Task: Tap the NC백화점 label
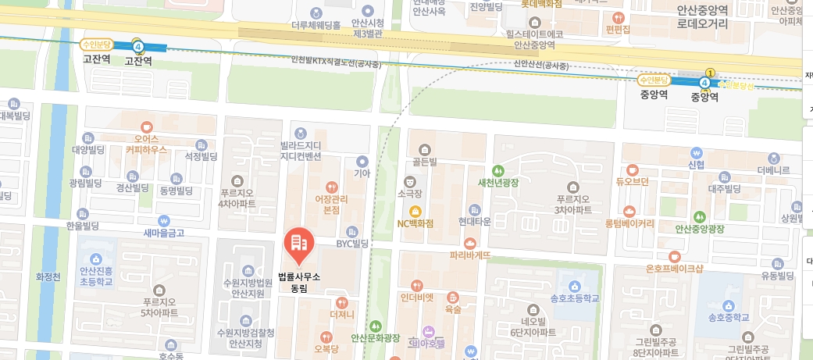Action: (x=415, y=223)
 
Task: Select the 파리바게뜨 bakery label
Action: (x=470, y=255)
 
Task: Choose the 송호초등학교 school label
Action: (x=574, y=298)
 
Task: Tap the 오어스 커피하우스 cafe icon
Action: (x=146, y=127)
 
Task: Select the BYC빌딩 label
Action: (x=351, y=243)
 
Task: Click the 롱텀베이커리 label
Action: (x=629, y=223)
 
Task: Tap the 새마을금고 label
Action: (x=162, y=233)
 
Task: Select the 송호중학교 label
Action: (x=728, y=317)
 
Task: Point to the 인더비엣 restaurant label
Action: (x=416, y=296)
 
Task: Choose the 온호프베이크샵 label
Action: (x=653, y=269)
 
